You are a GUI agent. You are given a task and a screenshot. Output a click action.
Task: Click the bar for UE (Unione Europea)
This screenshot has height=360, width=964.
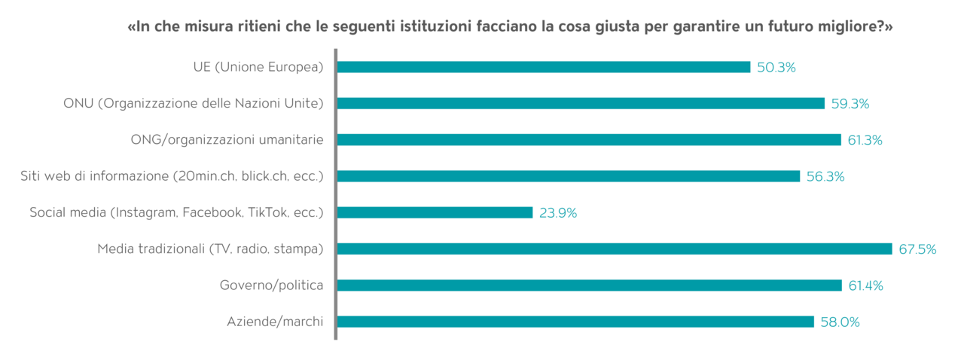pos(543,67)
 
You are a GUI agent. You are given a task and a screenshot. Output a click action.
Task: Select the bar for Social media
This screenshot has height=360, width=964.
pos(435,212)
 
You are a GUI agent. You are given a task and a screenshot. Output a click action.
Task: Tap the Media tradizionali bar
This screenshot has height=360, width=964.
pos(614,249)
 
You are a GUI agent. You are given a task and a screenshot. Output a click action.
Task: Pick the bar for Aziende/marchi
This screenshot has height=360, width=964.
pos(575,322)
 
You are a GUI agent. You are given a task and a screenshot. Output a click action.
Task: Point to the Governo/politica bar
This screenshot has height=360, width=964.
pos(589,285)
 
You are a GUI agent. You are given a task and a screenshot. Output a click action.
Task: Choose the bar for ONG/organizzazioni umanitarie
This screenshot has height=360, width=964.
pos(588,139)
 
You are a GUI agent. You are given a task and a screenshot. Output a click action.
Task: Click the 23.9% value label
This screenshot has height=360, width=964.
pos(558,213)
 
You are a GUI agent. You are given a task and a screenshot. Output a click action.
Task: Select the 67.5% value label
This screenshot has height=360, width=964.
pos(917,249)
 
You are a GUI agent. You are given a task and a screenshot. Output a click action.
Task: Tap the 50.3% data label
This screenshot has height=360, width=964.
pos(776,68)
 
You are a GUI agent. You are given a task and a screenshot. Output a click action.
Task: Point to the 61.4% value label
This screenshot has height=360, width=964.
pos(867,285)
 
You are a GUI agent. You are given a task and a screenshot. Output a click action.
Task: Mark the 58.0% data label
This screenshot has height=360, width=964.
pos(840,322)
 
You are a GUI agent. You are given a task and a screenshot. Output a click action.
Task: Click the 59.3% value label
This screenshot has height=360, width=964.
pos(850,104)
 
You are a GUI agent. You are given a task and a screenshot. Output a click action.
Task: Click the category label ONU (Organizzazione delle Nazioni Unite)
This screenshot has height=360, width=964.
pos(193,104)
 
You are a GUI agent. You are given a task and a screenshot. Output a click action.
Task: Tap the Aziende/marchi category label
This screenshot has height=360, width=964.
pos(275,322)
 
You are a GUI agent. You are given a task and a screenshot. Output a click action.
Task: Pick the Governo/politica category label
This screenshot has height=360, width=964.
pos(271,285)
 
